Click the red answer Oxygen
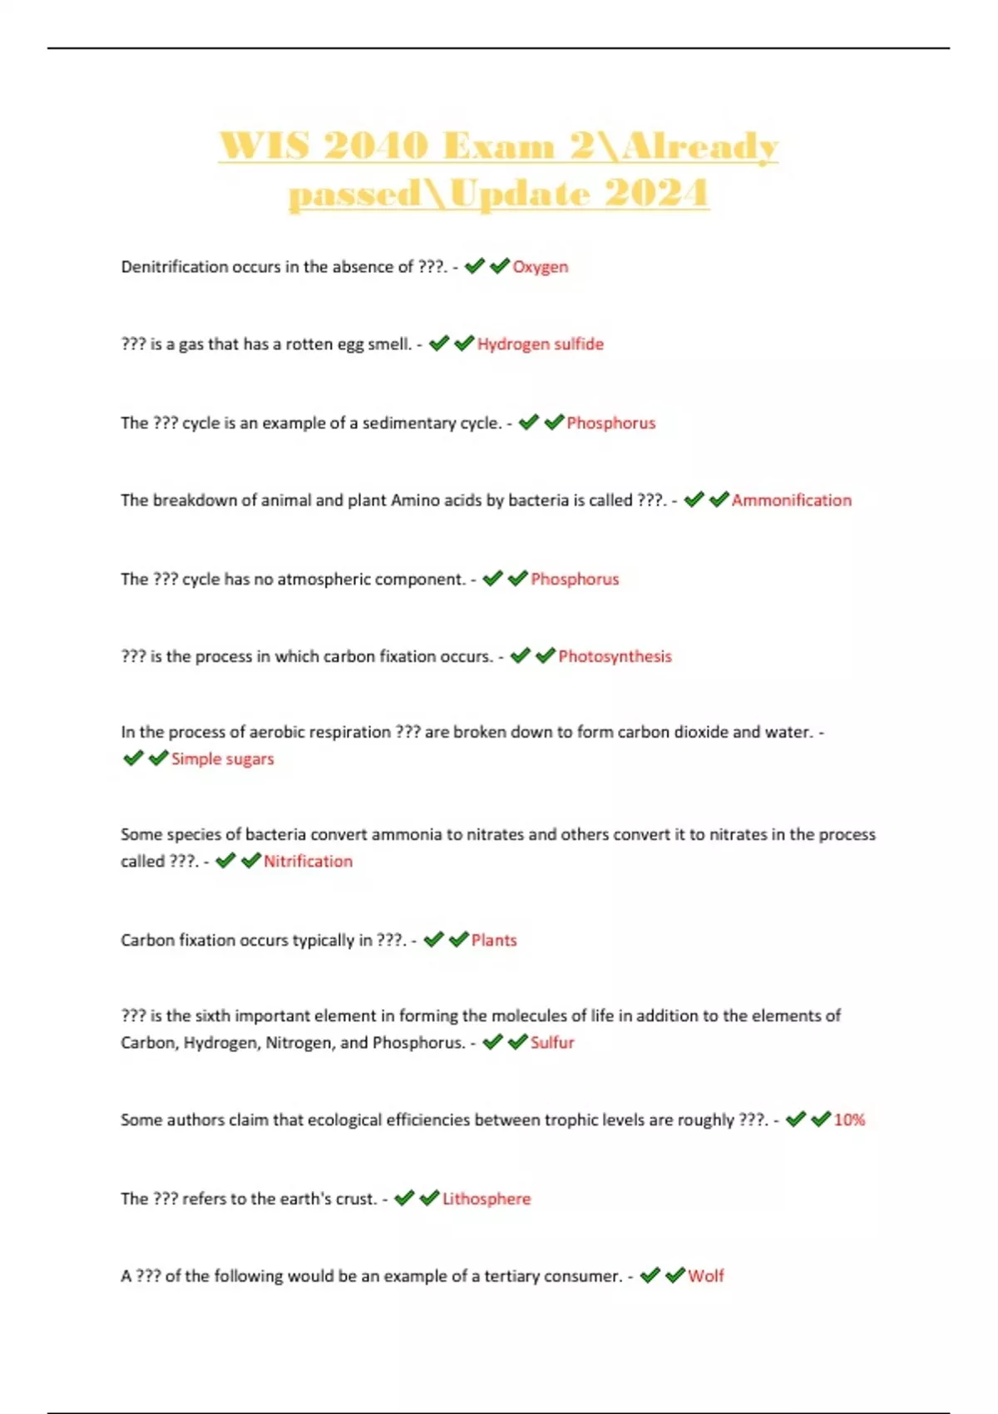coord(540,267)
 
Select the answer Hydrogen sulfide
coord(540,344)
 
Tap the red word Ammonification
coord(791,501)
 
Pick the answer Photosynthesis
coord(615,656)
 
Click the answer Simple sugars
coord(222,759)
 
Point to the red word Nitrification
coord(308,861)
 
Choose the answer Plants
coord(494,940)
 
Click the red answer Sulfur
coord(552,1042)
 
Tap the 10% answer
coord(849,1120)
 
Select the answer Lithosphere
coord(486,1199)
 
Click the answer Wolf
coord(705,1276)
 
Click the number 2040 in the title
coord(374,146)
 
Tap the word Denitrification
coord(174,267)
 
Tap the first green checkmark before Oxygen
coord(474,266)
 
